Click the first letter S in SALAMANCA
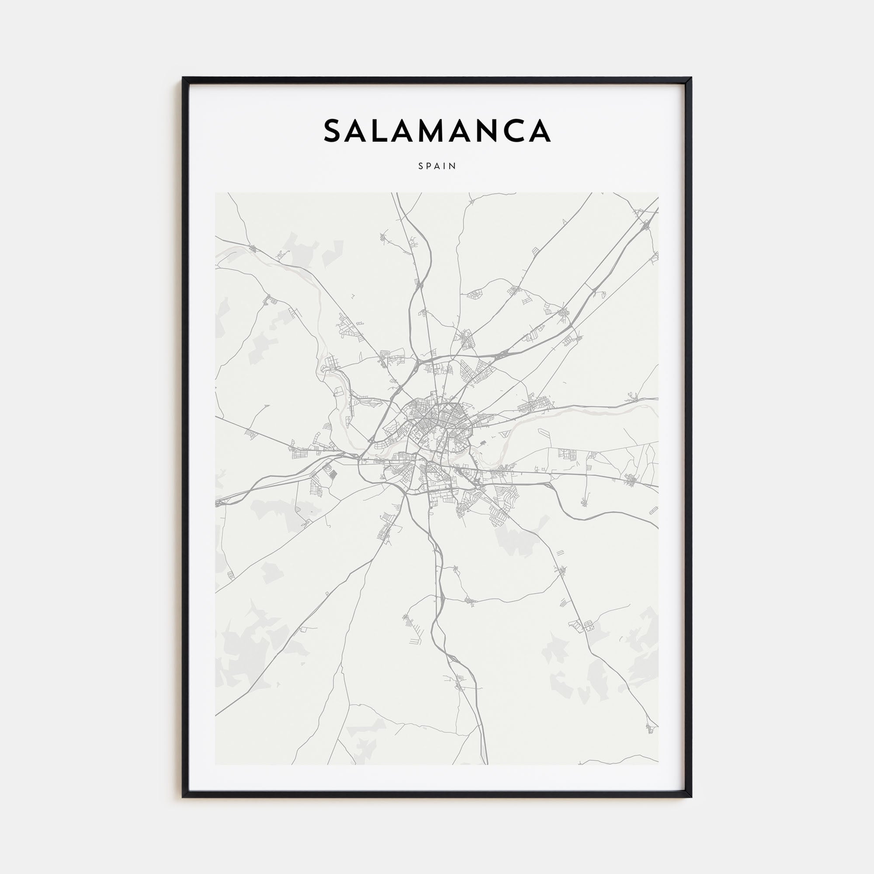(334, 130)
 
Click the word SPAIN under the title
(437, 166)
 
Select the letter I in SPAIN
(447, 166)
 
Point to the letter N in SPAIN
(453, 166)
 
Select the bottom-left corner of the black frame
(183, 797)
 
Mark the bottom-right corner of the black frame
(691, 797)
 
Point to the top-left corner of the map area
(215, 193)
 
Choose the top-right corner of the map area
(659, 193)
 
